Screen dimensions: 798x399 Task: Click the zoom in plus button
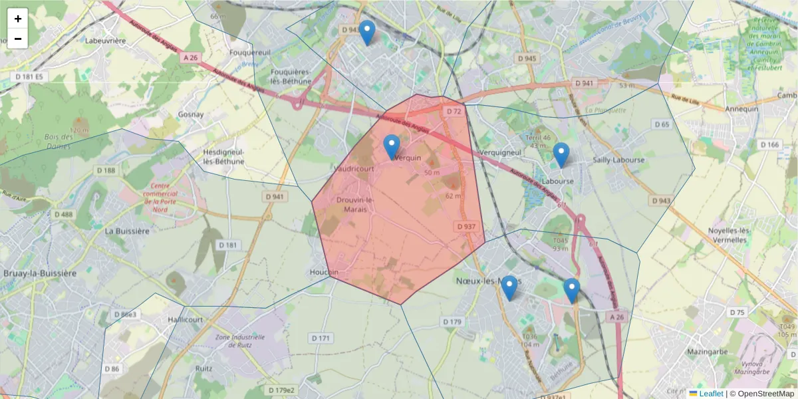pyautogui.click(x=18, y=19)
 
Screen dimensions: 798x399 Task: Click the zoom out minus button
pyautogui.click(x=18, y=39)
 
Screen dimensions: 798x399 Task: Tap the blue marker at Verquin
pyautogui.click(x=392, y=147)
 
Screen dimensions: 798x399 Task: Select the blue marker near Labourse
pyautogui.click(x=561, y=155)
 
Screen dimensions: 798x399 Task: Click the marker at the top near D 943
pyautogui.click(x=366, y=33)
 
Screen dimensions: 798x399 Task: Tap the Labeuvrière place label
pyautogui.click(x=106, y=41)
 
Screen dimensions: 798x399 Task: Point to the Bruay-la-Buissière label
pyautogui.click(x=40, y=273)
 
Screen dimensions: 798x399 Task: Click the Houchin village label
pyautogui.click(x=324, y=272)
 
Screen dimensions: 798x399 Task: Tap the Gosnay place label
pyautogui.click(x=191, y=114)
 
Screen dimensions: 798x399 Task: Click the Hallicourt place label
pyautogui.click(x=186, y=319)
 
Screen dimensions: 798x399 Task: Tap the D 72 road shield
pyautogui.click(x=454, y=111)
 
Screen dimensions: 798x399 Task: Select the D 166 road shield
pyautogui.click(x=769, y=145)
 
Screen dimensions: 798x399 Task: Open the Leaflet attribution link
pyautogui.click(x=710, y=394)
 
